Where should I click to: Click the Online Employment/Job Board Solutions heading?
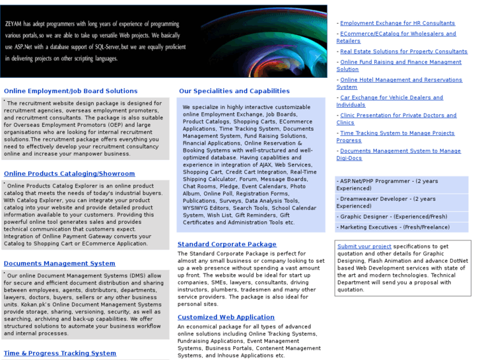tap(71, 91)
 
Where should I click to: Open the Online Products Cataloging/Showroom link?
tap(69, 174)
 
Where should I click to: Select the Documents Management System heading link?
tap(59, 263)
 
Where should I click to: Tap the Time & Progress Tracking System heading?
tap(60, 353)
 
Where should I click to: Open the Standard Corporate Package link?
tap(227, 244)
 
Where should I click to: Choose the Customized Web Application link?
tap(226, 317)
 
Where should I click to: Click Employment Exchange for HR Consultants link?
tap(397, 23)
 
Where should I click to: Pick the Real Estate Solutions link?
tap(403, 52)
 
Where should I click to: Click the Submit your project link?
tap(364, 246)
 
